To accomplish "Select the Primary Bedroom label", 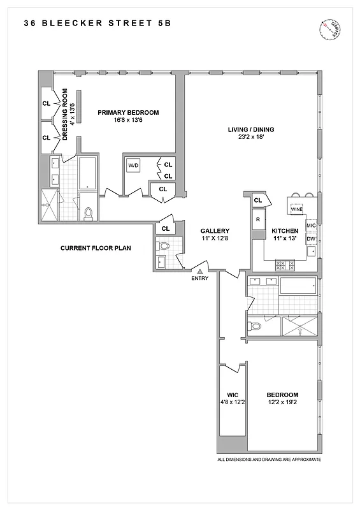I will [128, 112].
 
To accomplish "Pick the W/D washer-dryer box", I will [133, 166].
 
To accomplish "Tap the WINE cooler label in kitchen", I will [296, 208].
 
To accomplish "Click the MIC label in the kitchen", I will [311, 225].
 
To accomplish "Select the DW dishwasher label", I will [311, 239].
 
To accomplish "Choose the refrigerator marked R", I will [258, 220].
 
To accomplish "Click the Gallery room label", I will [215, 231].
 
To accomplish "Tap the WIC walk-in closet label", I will [232, 395].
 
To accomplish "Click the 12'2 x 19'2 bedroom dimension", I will [280, 402].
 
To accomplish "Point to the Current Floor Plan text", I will [96, 247].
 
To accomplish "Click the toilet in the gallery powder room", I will [164, 246].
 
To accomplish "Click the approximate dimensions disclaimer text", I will [269, 460].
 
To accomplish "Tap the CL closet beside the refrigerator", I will [258, 200].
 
